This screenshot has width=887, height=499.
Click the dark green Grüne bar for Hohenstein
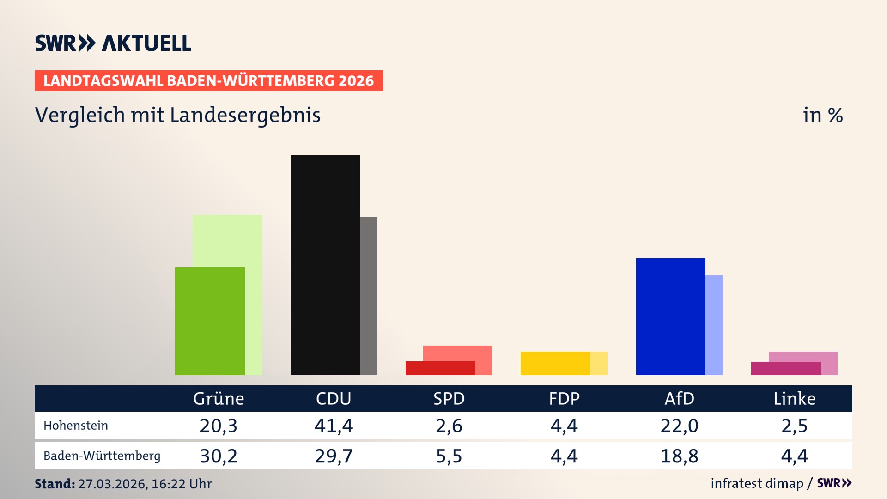pyautogui.click(x=210, y=321)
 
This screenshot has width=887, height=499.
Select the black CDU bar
pyautogui.click(x=325, y=265)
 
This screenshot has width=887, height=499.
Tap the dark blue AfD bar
pyautogui.click(x=670, y=316)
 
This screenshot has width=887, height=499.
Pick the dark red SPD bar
pyautogui.click(x=440, y=368)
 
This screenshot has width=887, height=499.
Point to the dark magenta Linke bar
pyautogui.click(x=785, y=368)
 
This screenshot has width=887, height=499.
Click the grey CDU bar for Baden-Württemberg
pyautogui.click(x=369, y=296)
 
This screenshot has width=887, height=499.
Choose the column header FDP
pyautogui.click(x=564, y=398)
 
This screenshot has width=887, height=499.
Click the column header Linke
pyautogui.click(x=795, y=398)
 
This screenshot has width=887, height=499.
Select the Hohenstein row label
pyautogui.click(x=76, y=426)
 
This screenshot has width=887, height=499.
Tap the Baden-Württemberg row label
pyautogui.click(x=102, y=456)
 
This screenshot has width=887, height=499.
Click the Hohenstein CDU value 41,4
pyautogui.click(x=334, y=426)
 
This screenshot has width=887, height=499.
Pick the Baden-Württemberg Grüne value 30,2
pyautogui.click(x=219, y=456)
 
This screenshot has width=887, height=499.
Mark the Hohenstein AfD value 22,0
pyautogui.click(x=679, y=426)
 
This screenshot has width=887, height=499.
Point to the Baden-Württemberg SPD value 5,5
pyautogui.click(x=449, y=456)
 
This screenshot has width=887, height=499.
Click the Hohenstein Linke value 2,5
pyautogui.click(x=795, y=426)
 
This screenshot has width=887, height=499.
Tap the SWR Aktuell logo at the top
pyautogui.click(x=113, y=43)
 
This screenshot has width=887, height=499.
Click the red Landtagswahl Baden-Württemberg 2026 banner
pyautogui.click(x=208, y=81)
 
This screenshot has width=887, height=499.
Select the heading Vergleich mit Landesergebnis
pyautogui.click(x=178, y=115)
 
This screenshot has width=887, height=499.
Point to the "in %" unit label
pyautogui.click(x=823, y=115)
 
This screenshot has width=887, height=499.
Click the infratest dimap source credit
pyautogui.click(x=757, y=483)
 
